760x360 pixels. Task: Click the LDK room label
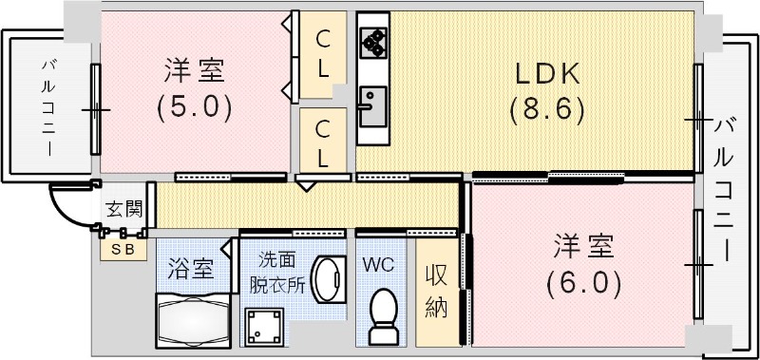coord(545,72)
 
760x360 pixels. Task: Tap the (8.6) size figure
coord(545,108)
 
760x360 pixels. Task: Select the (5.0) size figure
coord(195,105)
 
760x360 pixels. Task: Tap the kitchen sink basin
coord(371,101)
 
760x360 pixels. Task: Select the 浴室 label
coord(189,268)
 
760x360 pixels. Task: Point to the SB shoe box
coord(123,250)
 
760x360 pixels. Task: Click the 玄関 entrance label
coord(121,210)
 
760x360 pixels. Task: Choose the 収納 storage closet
coord(437,290)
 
